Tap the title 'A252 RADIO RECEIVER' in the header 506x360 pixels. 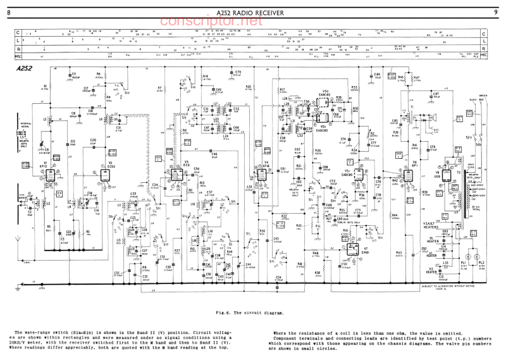click(250, 13)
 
